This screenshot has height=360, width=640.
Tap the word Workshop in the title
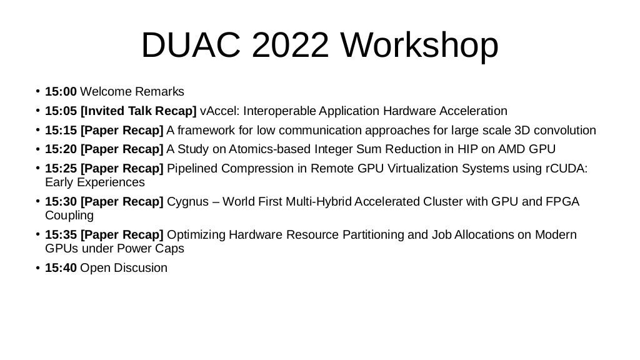tap(420, 45)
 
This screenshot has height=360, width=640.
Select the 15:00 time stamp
tap(61, 92)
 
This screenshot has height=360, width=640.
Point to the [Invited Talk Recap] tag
tap(139, 111)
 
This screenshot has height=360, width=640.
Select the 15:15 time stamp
tap(61, 131)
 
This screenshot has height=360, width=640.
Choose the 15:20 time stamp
tap(61, 150)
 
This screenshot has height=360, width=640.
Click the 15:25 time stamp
tap(61, 169)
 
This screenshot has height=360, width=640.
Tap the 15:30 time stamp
tap(61, 202)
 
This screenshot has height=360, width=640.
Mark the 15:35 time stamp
tap(61, 235)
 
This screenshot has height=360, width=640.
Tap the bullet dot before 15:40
tap(37, 268)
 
